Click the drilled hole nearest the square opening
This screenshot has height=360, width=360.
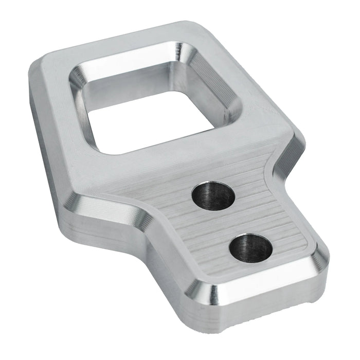point(213,195)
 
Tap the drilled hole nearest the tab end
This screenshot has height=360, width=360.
point(251,248)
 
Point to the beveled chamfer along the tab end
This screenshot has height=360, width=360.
point(267,288)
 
